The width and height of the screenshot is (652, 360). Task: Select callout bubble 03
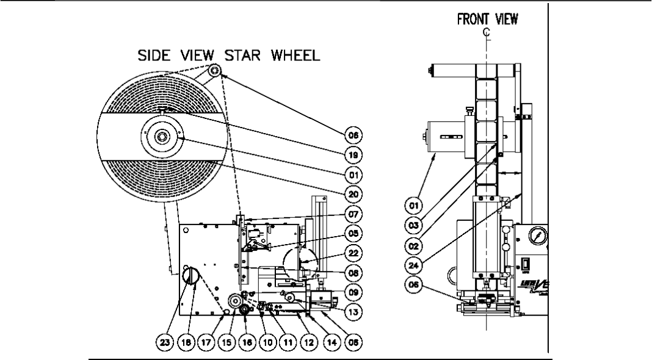(x=416, y=225)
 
